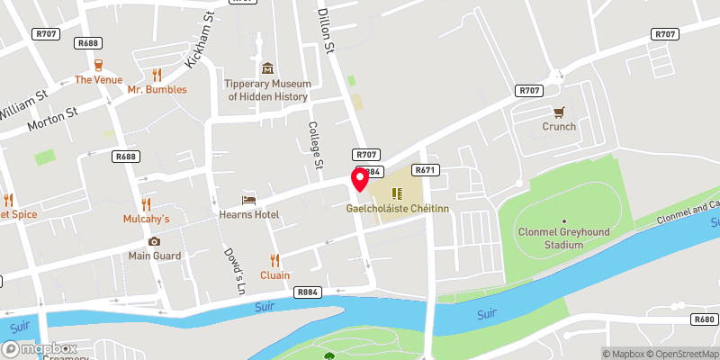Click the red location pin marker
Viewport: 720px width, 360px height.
360,179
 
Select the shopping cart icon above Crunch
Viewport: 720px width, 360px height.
559,112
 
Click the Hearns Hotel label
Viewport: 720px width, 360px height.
249,214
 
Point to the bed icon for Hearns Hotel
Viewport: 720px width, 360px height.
249,199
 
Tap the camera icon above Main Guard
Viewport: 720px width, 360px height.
154,241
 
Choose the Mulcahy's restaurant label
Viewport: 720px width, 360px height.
146,219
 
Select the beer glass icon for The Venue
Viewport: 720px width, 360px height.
97,65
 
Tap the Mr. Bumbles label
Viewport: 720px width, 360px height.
157,89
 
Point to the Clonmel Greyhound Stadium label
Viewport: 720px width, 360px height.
563,238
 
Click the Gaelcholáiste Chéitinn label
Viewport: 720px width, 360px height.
396,208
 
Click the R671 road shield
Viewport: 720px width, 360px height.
425,170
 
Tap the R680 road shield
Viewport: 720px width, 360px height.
704,319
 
